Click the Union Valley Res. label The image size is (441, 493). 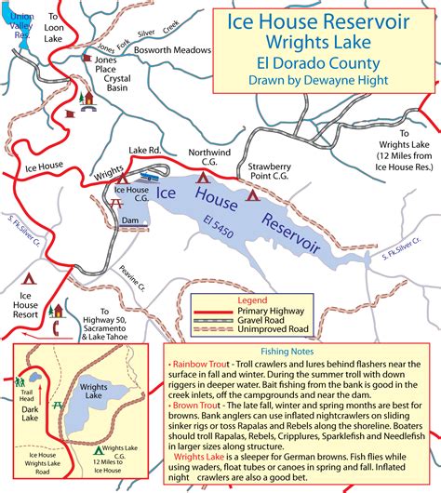(20, 26)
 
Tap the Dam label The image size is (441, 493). (129, 220)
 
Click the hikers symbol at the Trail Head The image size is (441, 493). (20, 381)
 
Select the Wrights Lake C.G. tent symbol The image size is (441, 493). (99, 453)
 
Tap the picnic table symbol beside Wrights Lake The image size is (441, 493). (58, 406)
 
